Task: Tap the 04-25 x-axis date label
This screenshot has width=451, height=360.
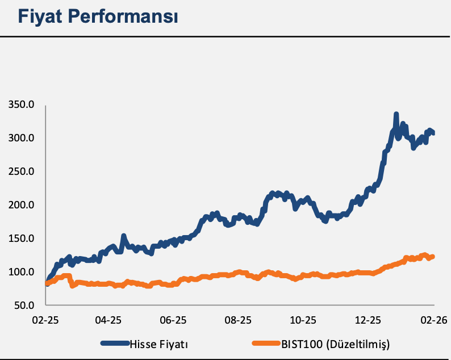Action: [x=108, y=319]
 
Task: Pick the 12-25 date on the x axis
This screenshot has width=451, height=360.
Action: [x=368, y=319]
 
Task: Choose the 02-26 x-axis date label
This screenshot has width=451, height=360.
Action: [x=433, y=319]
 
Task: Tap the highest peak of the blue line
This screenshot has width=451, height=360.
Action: [x=396, y=115]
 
